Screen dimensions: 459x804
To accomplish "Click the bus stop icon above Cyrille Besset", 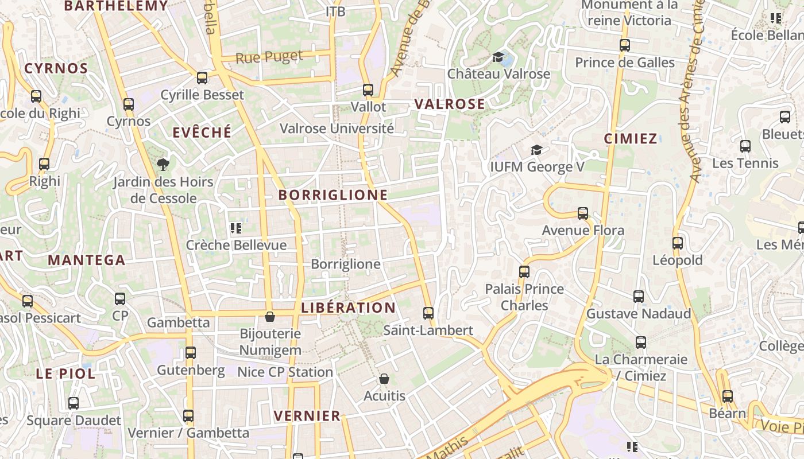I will coord(202,77).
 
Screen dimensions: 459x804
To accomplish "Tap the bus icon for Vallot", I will coord(368,90).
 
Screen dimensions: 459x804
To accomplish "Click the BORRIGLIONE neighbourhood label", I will coord(333,195).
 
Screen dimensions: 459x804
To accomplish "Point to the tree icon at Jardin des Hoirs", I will coord(163,165).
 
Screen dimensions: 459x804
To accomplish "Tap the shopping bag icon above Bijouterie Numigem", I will coord(269,317).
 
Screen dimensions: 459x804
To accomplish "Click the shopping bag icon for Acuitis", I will coord(384,379).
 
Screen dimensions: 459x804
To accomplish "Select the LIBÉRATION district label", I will coord(349,308).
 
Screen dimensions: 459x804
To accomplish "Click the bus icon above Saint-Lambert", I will coord(428,313).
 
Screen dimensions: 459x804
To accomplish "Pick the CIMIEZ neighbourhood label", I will coord(631,138).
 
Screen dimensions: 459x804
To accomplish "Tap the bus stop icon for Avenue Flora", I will coord(583,213).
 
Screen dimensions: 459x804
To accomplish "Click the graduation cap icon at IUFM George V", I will coord(536,150).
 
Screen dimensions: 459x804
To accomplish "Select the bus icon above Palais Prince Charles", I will coord(524,271).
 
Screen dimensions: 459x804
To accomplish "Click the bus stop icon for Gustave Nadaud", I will coord(639,297).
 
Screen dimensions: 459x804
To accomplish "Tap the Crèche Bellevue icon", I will coord(235,228).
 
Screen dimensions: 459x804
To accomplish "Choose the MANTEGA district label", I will coord(86,260).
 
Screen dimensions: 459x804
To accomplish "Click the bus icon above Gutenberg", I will coord(191,352).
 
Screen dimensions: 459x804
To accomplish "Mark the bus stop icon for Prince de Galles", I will coord(625,45).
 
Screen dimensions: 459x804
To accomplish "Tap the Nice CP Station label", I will coord(285,372).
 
